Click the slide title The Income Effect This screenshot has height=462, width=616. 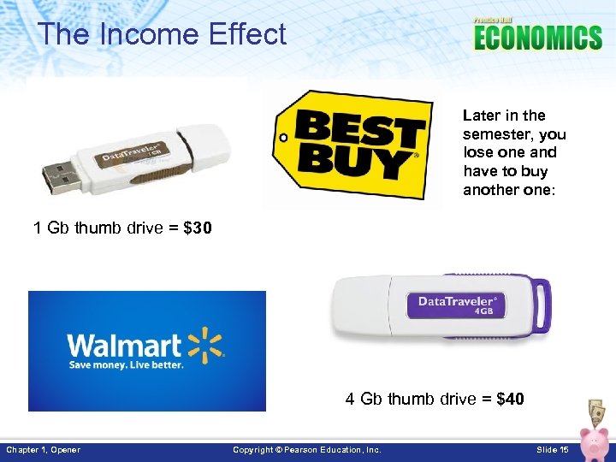point(162,35)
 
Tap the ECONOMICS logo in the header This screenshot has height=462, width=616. point(537,37)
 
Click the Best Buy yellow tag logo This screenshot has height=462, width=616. point(351,145)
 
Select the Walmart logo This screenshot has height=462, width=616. point(146,351)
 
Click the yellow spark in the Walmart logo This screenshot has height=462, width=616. point(205,343)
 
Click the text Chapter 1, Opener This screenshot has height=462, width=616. point(44,450)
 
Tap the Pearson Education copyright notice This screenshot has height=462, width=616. point(307,450)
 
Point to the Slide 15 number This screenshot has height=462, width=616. point(552,450)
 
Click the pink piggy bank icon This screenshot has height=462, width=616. point(592,441)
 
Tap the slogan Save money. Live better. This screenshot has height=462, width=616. point(127,364)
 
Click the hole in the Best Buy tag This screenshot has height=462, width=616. point(280,136)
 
